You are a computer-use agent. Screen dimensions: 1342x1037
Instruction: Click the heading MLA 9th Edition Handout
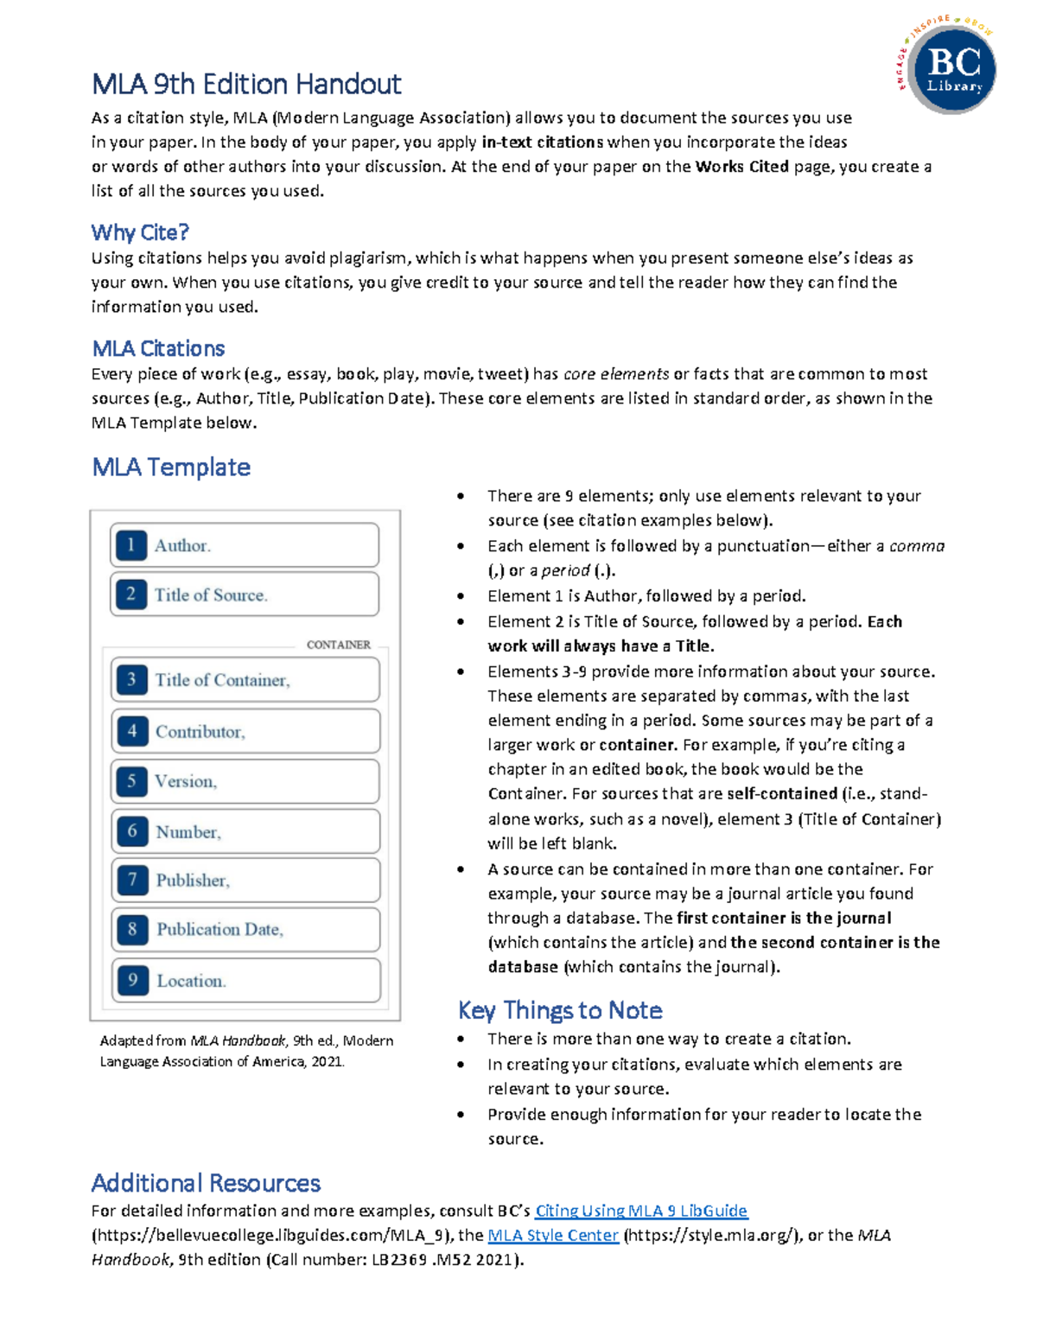coord(246,84)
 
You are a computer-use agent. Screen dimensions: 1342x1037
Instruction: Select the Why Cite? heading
coord(140,232)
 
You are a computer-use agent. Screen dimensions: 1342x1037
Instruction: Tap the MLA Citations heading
coord(158,348)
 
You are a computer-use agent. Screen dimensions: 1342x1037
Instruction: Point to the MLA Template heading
coord(171,467)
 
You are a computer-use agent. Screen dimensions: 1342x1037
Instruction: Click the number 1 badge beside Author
coord(130,545)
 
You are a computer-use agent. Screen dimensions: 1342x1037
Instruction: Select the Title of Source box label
coord(211,595)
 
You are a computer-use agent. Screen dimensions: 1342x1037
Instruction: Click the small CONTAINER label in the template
coord(338,645)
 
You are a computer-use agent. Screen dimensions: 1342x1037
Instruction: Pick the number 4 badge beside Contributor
coord(131,731)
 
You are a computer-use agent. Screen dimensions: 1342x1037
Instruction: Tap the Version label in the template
coord(186,781)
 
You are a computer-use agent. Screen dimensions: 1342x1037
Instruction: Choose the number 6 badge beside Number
coord(131,831)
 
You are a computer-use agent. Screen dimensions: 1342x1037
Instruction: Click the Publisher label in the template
coord(193,881)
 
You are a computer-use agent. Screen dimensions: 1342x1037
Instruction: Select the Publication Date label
coord(219,930)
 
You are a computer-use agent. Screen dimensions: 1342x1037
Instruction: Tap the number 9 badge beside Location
coord(132,980)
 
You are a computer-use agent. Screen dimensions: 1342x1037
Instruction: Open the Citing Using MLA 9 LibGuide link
coord(641,1211)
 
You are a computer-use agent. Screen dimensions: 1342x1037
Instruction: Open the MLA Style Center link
coord(553,1235)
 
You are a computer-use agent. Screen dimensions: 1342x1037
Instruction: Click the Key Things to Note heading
coord(560,1010)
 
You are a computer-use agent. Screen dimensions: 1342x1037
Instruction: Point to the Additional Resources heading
coord(206,1183)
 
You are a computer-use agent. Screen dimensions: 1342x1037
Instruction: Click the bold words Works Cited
coord(741,167)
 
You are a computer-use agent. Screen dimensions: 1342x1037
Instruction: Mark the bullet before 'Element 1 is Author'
coord(461,596)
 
